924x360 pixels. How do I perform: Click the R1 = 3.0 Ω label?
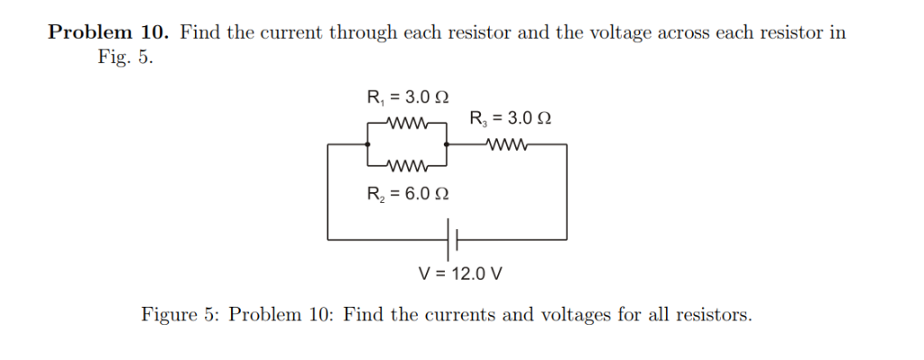tap(408, 97)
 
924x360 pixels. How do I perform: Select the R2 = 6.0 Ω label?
tap(408, 193)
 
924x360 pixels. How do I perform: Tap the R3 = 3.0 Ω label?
tap(511, 118)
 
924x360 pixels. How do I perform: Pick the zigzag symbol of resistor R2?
tap(409, 166)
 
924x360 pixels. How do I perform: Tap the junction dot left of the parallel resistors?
tap(368, 143)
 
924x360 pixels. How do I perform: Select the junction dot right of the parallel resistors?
tap(448, 143)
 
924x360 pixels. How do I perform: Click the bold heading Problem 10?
tap(108, 33)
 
